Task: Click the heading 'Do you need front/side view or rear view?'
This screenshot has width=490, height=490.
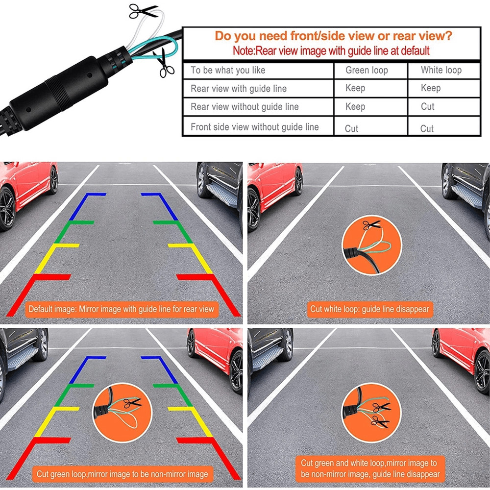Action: [x=333, y=36]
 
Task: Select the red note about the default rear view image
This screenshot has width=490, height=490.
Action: [x=331, y=50]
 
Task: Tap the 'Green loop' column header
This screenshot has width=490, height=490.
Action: [x=367, y=70]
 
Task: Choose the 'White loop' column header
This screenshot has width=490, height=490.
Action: [x=441, y=70]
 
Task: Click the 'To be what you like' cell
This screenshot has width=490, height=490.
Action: [x=228, y=70]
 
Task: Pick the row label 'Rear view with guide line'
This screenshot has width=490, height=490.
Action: [x=239, y=89]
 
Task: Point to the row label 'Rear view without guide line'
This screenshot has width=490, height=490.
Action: [x=245, y=107]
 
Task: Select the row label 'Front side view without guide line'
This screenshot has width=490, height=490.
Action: [x=255, y=127]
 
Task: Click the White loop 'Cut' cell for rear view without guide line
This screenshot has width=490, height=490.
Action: [x=428, y=107]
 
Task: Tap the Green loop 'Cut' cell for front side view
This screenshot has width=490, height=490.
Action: [x=352, y=128]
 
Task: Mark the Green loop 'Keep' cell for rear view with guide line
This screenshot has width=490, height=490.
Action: [x=355, y=88]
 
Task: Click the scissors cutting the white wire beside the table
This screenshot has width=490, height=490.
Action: [x=143, y=11]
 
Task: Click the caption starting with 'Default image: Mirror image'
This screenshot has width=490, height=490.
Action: [x=122, y=309]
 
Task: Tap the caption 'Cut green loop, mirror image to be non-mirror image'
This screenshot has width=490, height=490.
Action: [x=122, y=474]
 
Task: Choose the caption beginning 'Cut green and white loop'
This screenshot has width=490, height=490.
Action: [x=370, y=468]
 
